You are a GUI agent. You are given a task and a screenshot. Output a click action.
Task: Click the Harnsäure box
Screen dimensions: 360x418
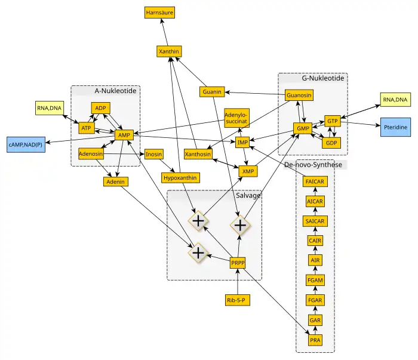coord(159,12)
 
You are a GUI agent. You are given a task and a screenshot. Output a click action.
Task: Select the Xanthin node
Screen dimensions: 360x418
coord(169,52)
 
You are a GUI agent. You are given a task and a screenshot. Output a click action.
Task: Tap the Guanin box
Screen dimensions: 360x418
coord(212,92)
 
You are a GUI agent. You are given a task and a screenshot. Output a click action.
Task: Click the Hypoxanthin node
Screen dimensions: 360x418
coord(180,177)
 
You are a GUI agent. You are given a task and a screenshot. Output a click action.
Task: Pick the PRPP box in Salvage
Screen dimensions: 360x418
coord(238,263)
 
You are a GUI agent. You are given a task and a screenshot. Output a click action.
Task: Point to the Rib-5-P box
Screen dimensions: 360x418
coord(238,300)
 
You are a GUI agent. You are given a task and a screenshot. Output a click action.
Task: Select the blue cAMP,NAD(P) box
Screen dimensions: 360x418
coord(25,144)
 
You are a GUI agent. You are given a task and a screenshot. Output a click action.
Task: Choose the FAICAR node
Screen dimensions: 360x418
coord(315,181)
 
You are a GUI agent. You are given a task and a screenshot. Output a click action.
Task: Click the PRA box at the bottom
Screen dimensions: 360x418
coord(315,340)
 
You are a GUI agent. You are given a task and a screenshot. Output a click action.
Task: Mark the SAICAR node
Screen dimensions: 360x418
coord(315,221)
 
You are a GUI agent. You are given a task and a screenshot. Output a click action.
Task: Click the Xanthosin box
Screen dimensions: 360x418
coord(198,154)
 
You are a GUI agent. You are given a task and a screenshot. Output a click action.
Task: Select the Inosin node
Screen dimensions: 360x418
coord(153,154)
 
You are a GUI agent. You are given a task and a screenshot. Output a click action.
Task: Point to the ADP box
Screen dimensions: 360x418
coord(100,108)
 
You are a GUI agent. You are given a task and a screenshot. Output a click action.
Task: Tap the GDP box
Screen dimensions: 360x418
coord(331,143)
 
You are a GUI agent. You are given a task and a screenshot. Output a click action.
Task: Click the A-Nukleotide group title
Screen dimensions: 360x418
coord(117,91)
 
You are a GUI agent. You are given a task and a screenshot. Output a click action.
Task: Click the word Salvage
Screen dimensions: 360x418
coord(248,196)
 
